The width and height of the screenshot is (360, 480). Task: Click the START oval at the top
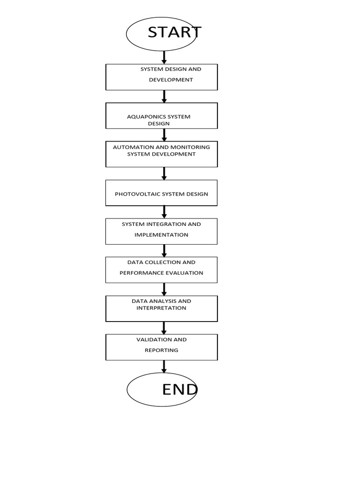[x=161, y=34]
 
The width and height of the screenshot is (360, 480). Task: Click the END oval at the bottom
[x=162, y=390]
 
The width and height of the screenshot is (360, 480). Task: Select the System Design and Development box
[x=162, y=77]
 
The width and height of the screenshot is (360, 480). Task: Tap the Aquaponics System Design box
[x=162, y=116]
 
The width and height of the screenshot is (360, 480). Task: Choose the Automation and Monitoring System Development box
[x=162, y=154]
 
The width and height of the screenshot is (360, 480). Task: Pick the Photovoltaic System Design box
[x=161, y=193]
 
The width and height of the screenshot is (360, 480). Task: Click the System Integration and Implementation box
[x=161, y=231]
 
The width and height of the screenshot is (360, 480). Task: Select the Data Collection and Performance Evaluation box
[x=161, y=270]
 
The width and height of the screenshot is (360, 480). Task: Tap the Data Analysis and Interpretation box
[x=162, y=308]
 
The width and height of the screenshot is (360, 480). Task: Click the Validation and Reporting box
[x=162, y=347]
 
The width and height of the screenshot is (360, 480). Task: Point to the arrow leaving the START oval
[x=164, y=57]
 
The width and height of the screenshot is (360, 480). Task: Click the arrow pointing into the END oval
[x=164, y=367]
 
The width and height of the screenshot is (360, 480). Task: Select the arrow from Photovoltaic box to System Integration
[x=164, y=212]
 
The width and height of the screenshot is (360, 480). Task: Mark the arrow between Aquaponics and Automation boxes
[x=164, y=135]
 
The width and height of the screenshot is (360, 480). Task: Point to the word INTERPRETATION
[x=161, y=308]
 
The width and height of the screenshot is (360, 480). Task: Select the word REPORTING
[x=161, y=350]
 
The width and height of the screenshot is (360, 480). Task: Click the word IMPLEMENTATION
[x=161, y=235]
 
